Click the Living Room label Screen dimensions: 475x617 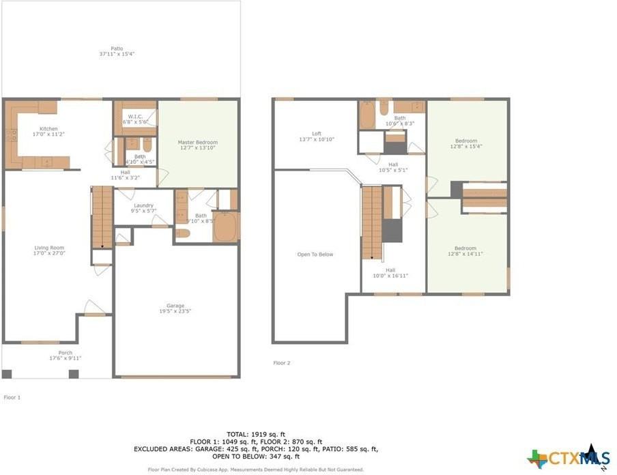(49, 250)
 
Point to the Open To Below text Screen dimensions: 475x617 (315, 255)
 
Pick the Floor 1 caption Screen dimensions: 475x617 (12, 397)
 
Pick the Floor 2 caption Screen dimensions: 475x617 (282, 363)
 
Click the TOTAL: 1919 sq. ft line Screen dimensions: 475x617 (257, 434)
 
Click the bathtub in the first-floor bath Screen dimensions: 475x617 (225, 227)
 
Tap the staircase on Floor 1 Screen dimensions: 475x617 (102, 217)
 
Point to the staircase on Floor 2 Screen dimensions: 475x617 (371, 222)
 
